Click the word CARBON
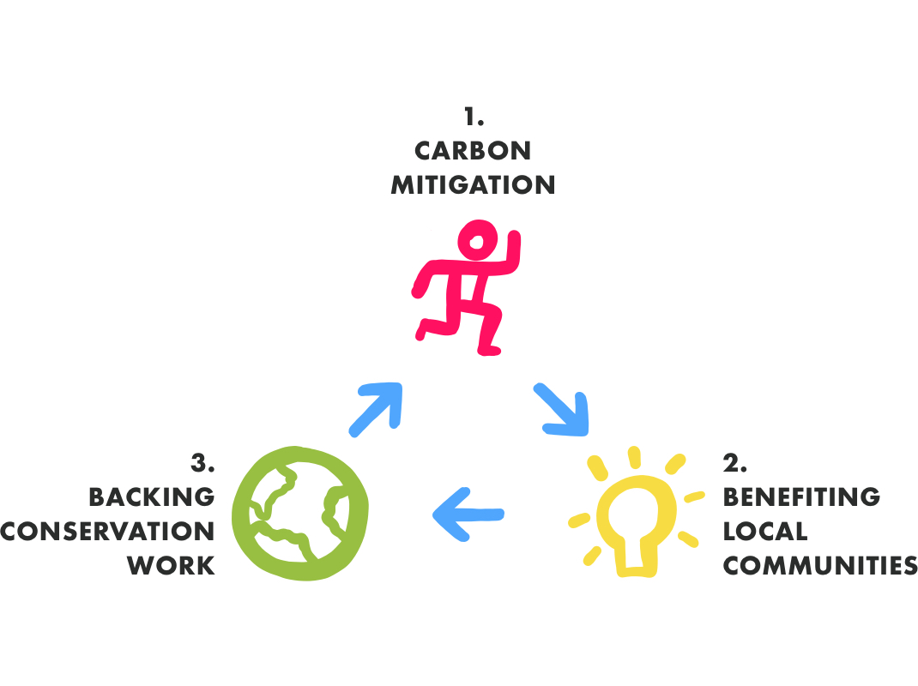tap(473, 151)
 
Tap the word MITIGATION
tap(473, 185)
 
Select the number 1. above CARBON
tap(474, 117)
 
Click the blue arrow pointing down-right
tap(563, 408)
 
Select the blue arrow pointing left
tap(468, 514)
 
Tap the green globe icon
tap(300, 514)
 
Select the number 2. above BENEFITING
tap(734, 464)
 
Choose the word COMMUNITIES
tap(819, 566)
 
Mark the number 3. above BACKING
tap(202, 464)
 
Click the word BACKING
tap(152, 497)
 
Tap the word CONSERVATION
tap(108, 532)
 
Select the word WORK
tap(172, 566)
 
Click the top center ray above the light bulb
tap(635, 457)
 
